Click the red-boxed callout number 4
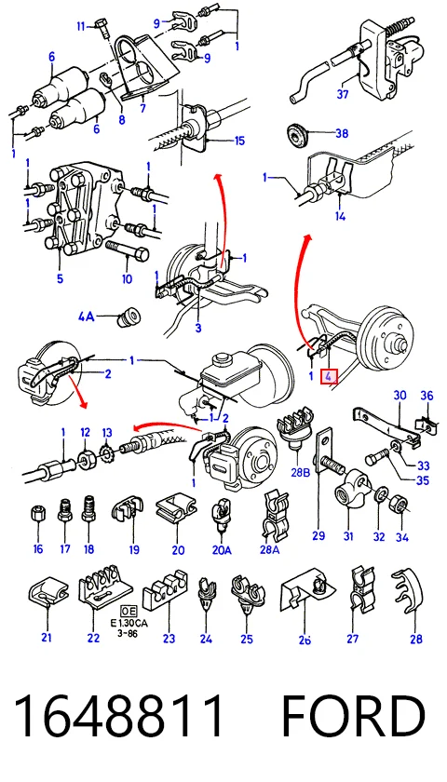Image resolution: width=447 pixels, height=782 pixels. pos(329,376)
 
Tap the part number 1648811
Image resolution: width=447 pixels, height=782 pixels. pos(119,717)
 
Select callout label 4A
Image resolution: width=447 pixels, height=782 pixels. pos(87,317)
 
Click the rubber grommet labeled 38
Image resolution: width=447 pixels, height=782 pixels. pos(297,134)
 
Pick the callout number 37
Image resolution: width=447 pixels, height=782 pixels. pos(343,93)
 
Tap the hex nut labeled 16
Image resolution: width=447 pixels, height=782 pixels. pos(38,513)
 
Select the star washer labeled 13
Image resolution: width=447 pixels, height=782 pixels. pos(107,456)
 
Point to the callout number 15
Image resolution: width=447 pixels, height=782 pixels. pos(239,142)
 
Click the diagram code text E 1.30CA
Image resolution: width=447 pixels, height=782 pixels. pos(129,624)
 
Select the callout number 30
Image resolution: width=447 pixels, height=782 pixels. pos(400,396)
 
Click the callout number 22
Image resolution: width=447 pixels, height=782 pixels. pos(93,638)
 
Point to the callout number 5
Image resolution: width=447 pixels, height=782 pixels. pos(60,278)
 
